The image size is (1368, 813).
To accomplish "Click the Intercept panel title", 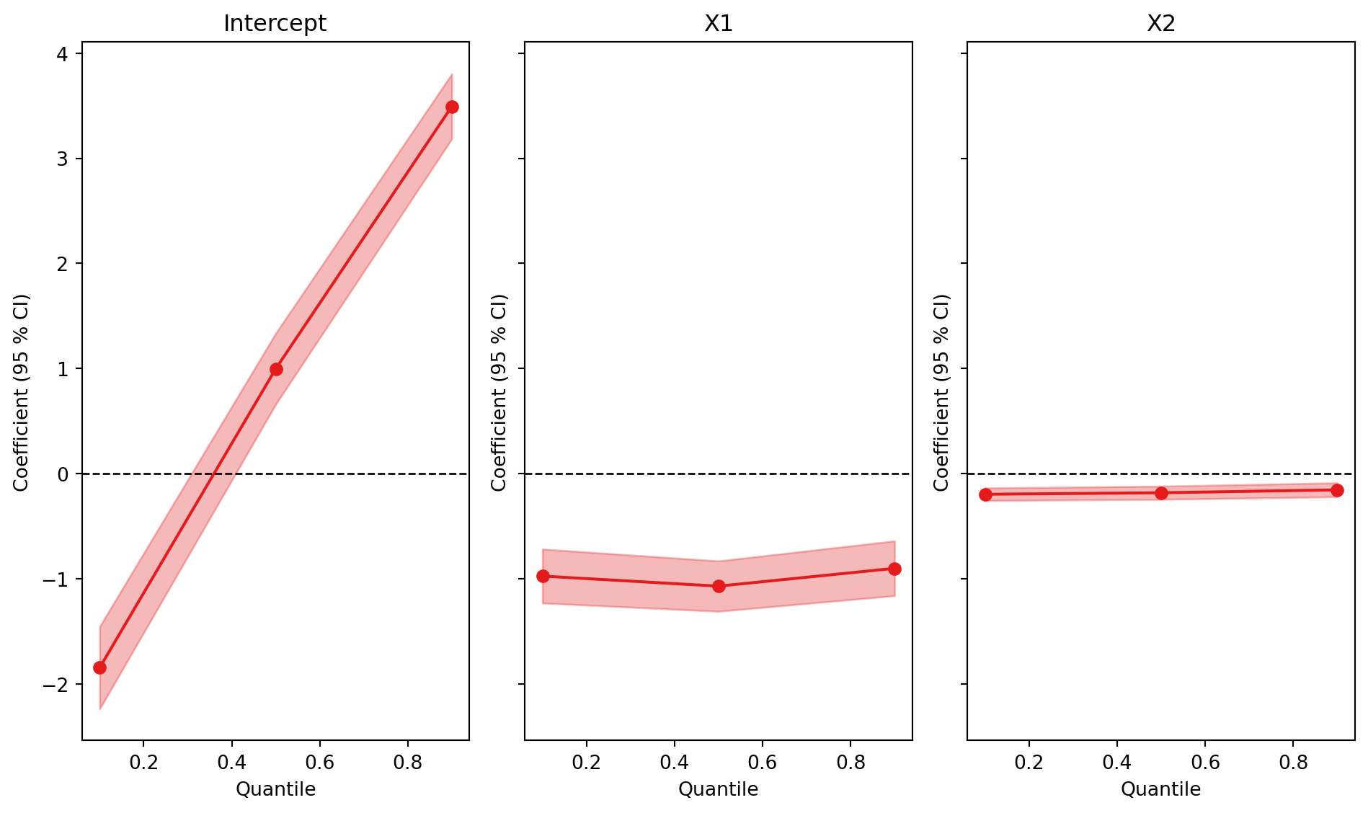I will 275,24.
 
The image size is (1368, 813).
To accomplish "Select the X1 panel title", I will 718,24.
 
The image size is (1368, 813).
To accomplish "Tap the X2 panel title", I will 1160,24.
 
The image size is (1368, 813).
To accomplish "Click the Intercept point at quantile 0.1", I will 99,667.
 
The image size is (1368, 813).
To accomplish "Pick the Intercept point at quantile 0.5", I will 276,369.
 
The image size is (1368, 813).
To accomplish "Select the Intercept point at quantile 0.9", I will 452,107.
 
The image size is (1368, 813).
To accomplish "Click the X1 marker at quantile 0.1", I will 543,576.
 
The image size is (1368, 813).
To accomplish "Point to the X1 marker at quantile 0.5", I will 719,586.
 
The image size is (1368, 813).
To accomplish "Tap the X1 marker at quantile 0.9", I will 894,569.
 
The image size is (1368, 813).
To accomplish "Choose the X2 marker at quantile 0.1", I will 985,494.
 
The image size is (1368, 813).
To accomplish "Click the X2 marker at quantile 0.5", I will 1161,493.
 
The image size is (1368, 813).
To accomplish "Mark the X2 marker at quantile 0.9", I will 1337,490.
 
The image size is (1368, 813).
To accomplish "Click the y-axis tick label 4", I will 63,54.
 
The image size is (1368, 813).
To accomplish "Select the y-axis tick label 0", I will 63,474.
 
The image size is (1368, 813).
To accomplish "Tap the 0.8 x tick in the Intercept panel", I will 408,762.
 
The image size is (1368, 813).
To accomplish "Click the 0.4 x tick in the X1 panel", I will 675,762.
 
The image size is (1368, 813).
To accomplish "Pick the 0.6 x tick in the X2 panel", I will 1205,762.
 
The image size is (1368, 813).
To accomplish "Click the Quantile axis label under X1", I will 718,789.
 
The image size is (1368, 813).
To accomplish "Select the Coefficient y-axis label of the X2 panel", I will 942,393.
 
